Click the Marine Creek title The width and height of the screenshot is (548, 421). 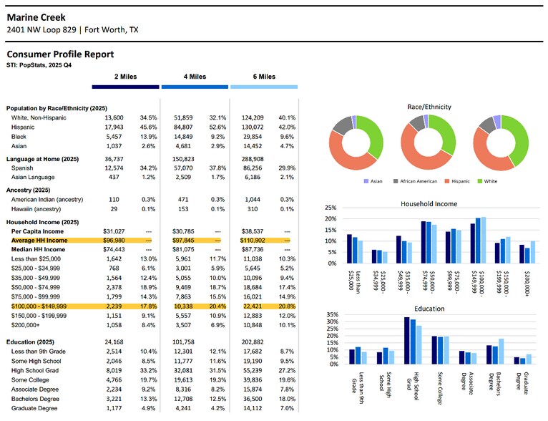[36, 17]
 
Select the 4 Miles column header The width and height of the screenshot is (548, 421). [195, 77]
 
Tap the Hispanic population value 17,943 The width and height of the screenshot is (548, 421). [114, 127]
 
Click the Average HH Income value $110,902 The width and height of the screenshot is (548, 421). [253, 241]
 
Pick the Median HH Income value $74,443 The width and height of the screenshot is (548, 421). [114, 250]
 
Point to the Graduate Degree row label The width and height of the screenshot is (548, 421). [34, 408]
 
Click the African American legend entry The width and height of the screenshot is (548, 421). [415, 181]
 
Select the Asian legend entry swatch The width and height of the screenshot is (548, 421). [366, 181]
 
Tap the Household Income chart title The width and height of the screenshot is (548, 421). [429, 204]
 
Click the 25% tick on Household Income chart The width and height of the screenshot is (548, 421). [331, 208]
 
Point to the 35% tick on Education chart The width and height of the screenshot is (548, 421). [333, 315]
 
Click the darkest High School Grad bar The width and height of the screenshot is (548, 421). [407, 341]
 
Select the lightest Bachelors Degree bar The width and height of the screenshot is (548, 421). [501, 352]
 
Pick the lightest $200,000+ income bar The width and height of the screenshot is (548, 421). [533, 252]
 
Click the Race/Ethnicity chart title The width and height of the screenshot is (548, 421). [429, 107]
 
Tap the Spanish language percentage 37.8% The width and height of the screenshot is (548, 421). [217, 168]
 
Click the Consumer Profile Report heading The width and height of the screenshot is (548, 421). [60, 54]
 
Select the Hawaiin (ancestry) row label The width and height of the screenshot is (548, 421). [36, 209]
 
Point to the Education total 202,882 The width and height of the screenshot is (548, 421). [253, 342]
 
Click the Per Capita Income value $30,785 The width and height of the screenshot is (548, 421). [183, 231]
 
